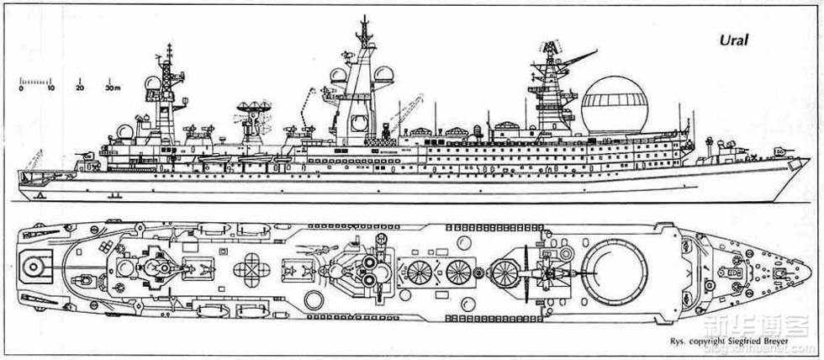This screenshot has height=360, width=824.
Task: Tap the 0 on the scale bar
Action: pos(21,87)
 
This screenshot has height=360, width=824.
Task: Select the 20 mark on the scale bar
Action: pos(79,87)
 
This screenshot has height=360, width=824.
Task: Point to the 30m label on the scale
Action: pos(113,87)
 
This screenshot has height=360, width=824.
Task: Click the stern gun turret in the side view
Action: pos(87,156)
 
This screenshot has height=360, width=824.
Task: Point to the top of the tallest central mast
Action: pos(363,19)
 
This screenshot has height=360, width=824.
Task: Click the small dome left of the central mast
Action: pos(336,77)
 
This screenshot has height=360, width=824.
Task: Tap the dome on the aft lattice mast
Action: pos(151,83)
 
